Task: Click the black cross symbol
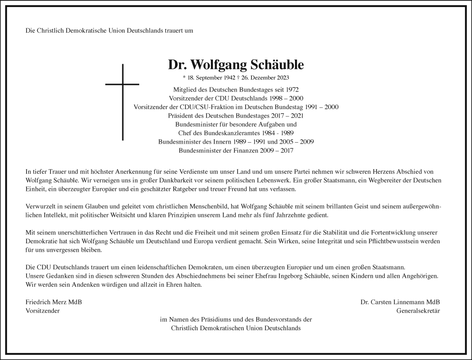point(123,102)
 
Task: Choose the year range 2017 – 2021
point(286,115)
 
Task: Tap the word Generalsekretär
point(421,311)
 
